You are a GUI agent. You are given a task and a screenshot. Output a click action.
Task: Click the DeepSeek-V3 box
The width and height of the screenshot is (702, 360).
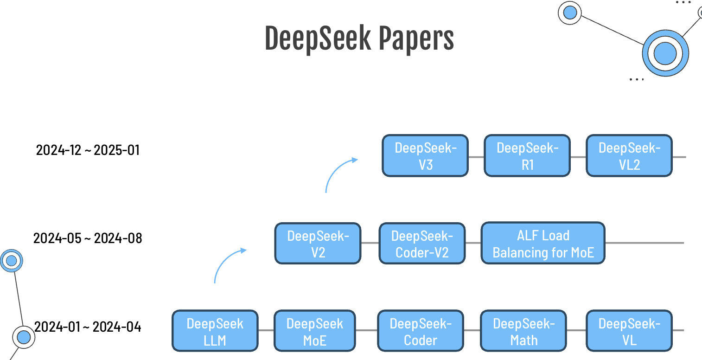click(425, 156)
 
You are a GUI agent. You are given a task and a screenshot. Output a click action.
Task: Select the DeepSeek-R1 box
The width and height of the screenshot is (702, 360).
click(527, 156)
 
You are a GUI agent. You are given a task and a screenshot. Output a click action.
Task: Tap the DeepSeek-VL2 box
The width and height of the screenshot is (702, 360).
click(629, 156)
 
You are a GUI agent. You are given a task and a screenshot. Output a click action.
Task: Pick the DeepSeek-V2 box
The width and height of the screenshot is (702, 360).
click(318, 244)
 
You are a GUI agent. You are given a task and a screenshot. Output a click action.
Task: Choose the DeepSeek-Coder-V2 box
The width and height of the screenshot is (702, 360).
click(422, 244)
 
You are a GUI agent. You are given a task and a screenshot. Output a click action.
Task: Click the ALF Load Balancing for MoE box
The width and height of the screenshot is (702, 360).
click(543, 244)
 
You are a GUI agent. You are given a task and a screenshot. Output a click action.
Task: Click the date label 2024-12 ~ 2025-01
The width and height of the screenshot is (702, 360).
click(88, 150)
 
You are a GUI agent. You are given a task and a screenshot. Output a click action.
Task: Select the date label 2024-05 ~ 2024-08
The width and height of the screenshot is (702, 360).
click(88, 238)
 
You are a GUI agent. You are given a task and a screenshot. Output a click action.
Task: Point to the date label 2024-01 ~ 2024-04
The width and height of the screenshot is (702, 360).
click(88, 327)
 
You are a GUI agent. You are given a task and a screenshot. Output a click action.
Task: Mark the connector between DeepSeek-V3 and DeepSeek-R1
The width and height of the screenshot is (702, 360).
click(476, 157)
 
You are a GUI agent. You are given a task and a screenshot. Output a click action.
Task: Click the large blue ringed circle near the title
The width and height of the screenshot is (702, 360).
click(665, 53)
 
